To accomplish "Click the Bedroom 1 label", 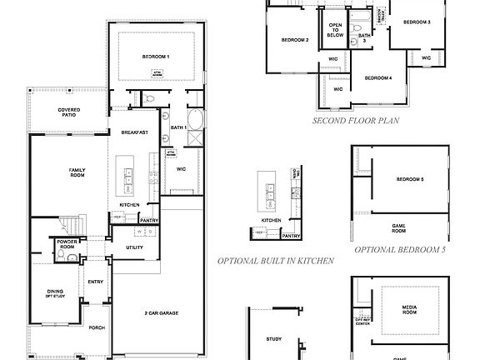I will coord(155,56).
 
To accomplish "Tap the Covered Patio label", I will coord(68,113).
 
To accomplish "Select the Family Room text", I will coord(77,172).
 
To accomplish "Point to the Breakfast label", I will coord(134,132).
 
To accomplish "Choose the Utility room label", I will coord(134,247).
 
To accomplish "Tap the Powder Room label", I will coord(67,243).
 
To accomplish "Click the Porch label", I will coord(96,327).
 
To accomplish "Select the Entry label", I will coord(95,282).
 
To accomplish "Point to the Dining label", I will coord(55,292).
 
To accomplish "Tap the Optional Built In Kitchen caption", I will coord(276,261).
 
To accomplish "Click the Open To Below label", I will coord(335,30).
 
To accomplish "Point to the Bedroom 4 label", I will coord(378,77).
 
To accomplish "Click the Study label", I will coord(274,339).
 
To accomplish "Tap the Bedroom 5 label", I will coord(410,180).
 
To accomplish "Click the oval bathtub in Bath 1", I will coord(196,119).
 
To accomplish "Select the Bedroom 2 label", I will coord(294,40).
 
